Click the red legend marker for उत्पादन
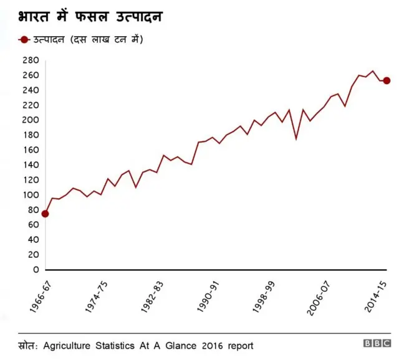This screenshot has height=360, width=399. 24,40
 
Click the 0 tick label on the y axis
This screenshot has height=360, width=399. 37,270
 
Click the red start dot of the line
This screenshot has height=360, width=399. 45,214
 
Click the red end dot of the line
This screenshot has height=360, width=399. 387,80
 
